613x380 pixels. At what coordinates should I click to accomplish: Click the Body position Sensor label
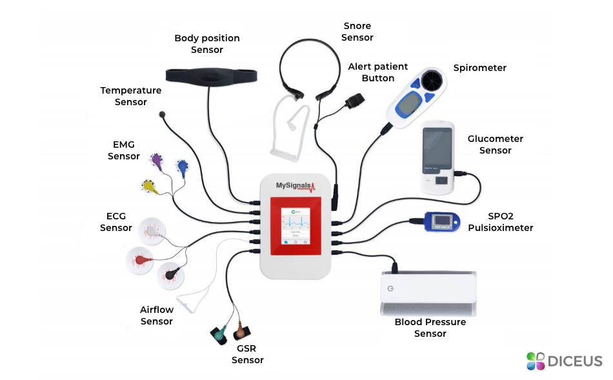coord(206,44)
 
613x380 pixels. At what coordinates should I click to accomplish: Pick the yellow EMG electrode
coord(148,186)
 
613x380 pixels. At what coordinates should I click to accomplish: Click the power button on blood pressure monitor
coord(390,288)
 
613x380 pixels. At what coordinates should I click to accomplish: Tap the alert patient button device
coord(354,101)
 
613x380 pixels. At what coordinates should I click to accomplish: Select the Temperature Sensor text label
coord(131,96)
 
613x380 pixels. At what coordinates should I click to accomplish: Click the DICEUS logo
coord(564,361)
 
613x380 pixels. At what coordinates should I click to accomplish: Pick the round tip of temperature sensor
coord(162,115)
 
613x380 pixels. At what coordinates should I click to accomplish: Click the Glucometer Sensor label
coord(496,145)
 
